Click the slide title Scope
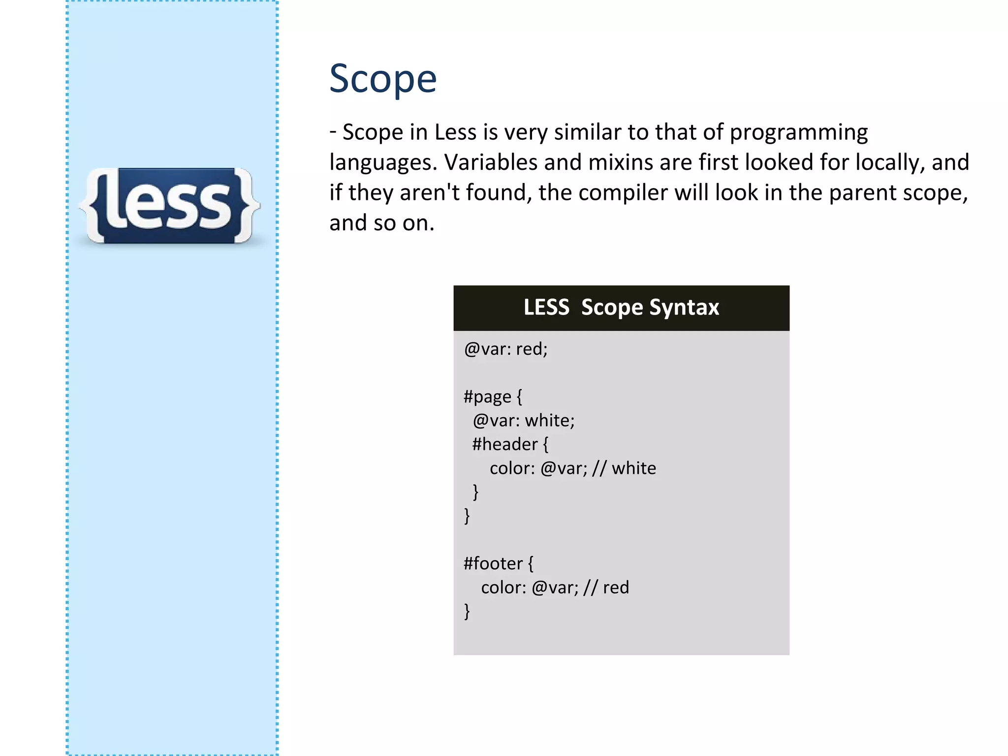(x=382, y=79)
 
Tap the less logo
(x=170, y=206)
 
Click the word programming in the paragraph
(x=798, y=133)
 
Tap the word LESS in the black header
(x=546, y=308)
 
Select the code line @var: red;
(x=505, y=349)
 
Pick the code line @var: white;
(x=524, y=421)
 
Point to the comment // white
(x=624, y=468)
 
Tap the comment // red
(x=606, y=588)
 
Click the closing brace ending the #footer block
(x=467, y=611)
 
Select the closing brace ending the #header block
(x=475, y=492)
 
